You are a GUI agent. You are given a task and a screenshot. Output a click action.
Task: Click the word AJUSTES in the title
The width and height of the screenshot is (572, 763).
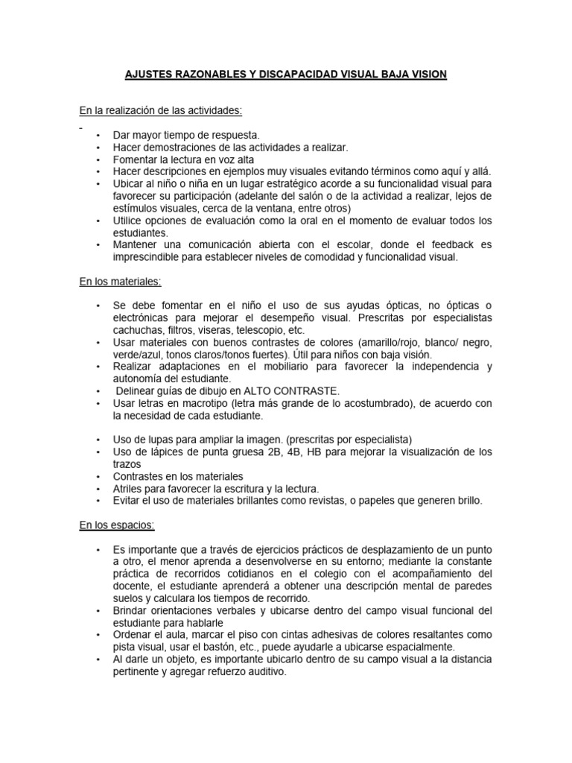(144, 75)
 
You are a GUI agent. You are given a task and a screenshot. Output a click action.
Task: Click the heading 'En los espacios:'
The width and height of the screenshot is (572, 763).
(117, 525)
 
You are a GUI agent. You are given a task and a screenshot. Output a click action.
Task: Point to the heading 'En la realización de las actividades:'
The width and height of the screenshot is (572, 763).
(161, 111)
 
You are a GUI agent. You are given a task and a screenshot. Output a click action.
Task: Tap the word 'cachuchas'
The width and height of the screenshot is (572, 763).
(138, 329)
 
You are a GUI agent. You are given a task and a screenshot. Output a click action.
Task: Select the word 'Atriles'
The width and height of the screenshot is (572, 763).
(129, 488)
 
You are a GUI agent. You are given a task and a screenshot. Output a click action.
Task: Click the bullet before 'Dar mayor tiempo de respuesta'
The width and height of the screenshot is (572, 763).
(98, 135)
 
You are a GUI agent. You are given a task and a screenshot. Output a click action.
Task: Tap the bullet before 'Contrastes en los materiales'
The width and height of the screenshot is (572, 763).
(98, 476)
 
